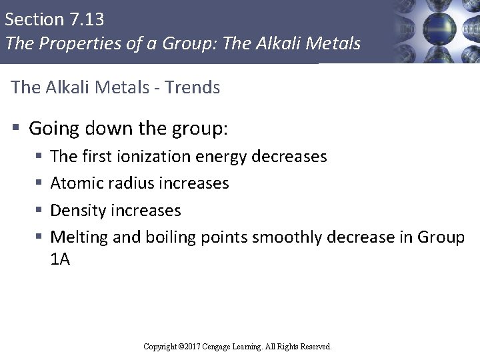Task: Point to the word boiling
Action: (162, 238)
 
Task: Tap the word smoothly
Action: (279, 238)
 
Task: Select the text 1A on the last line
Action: (60, 260)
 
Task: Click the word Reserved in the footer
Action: (316, 347)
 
